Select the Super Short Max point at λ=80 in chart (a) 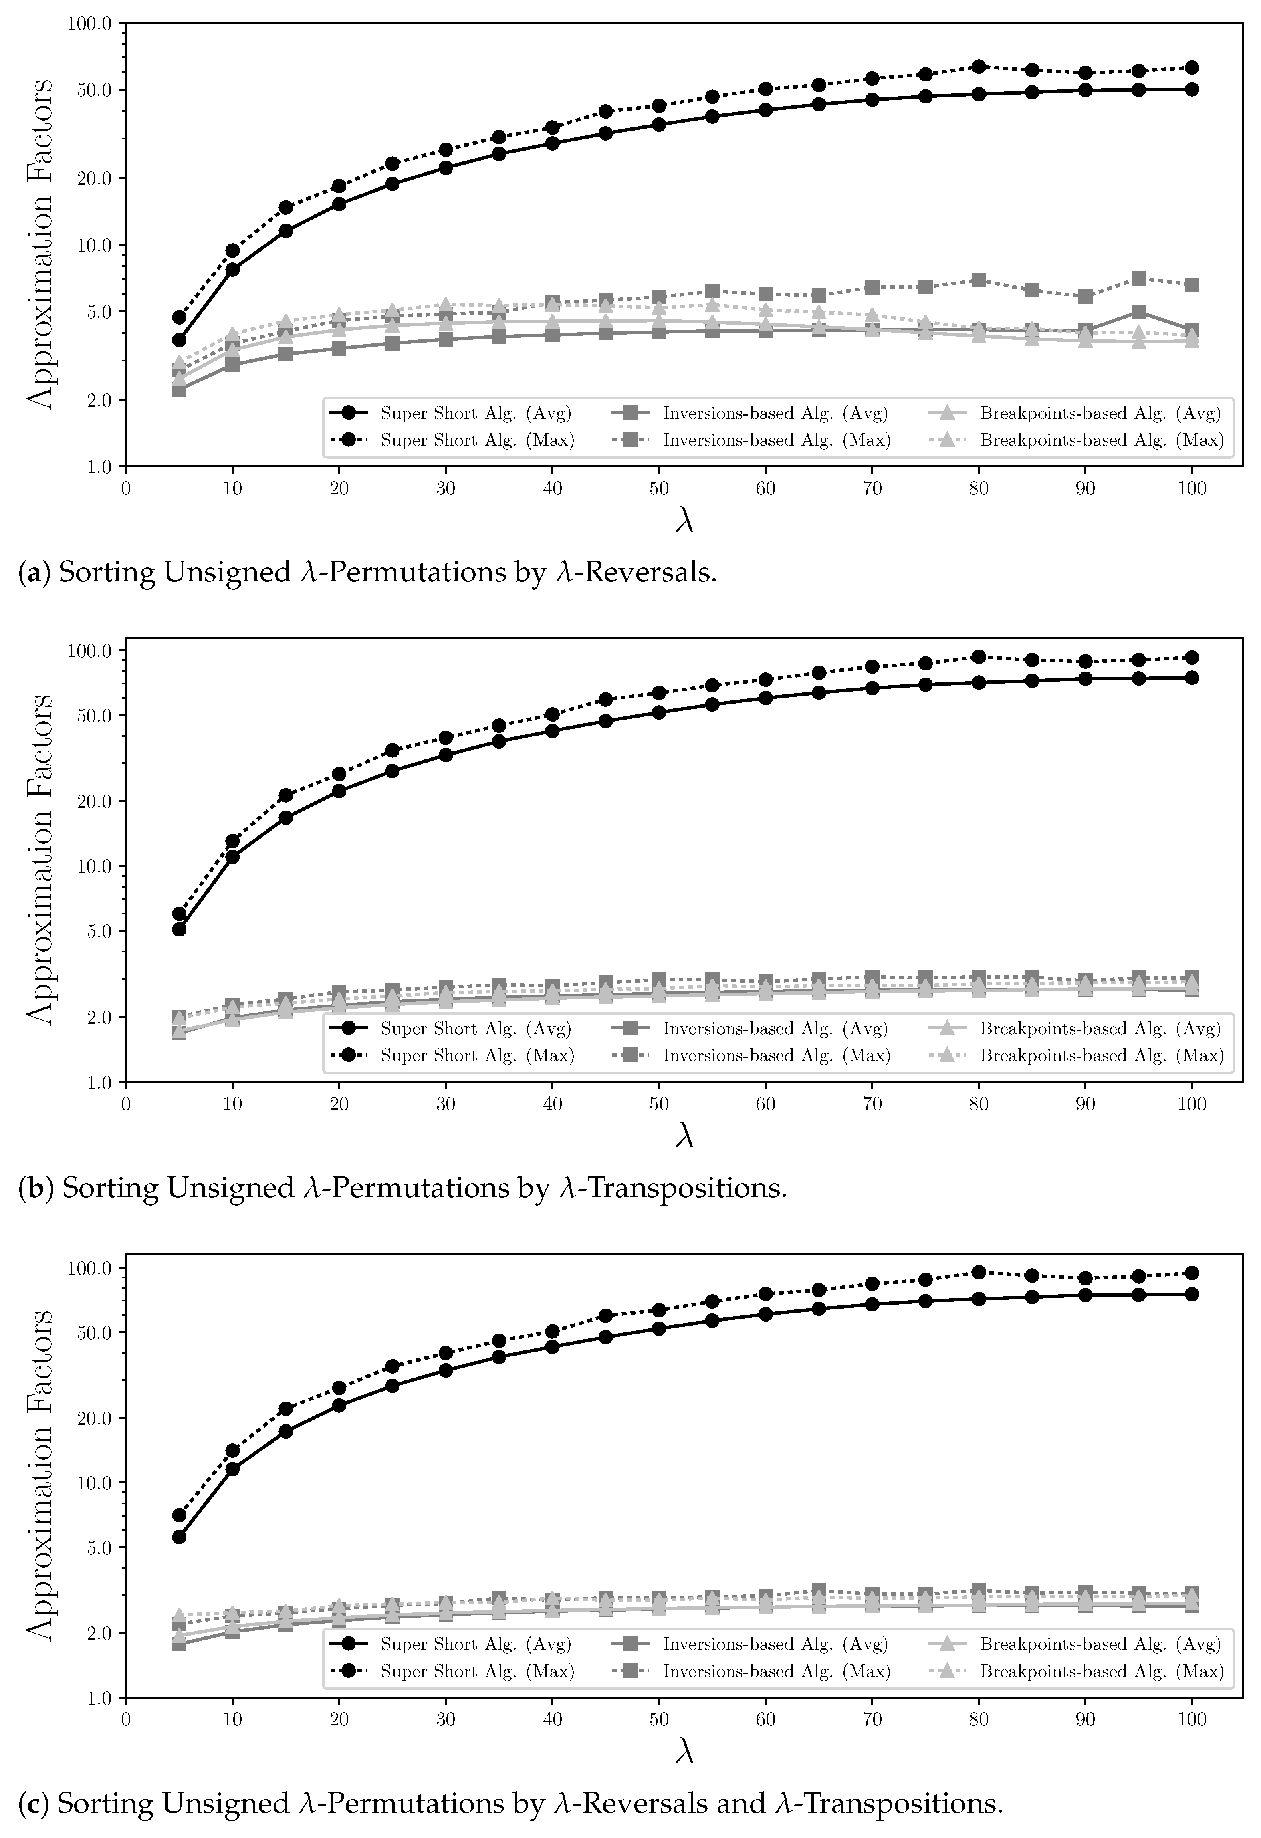coord(979,67)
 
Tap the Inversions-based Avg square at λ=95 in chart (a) coord(1138,312)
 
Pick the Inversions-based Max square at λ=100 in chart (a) coord(1192,285)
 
